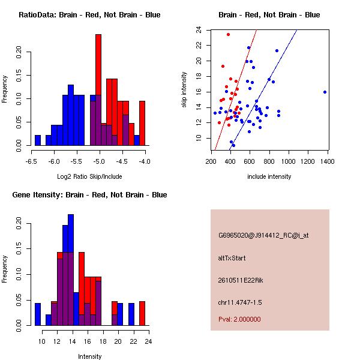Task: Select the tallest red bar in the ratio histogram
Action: point(98,90)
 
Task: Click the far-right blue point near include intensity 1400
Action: point(325,92)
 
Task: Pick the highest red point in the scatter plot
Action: point(228,34)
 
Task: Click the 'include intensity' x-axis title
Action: point(269,176)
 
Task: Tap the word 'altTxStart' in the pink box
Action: point(232,258)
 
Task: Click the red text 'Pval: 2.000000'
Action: point(239,319)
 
